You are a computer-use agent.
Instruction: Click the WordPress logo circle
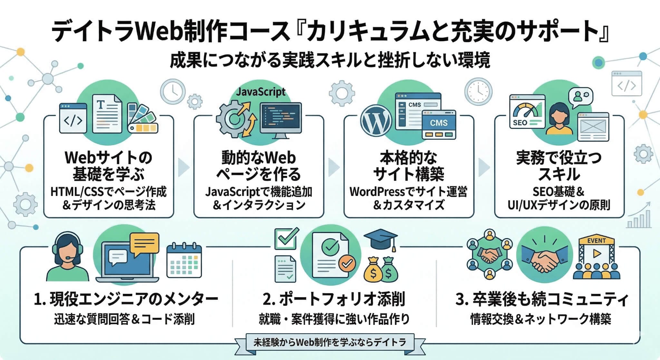pyautogui.click(x=376, y=121)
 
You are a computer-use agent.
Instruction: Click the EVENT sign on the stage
pyautogui.click(x=596, y=241)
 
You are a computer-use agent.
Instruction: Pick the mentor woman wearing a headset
pyautogui.click(x=67, y=258)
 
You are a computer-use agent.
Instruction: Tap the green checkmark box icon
pyautogui.click(x=286, y=238)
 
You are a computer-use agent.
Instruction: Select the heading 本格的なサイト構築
pyautogui.click(x=408, y=166)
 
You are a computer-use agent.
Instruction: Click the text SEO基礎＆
pyautogui.click(x=558, y=192)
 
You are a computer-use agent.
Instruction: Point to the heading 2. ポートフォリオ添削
pyautogui.click(x=334, y=299)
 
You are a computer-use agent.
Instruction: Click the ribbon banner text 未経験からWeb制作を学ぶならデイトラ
pyautogui.click(x=330, y=342)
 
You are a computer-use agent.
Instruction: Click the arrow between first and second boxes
pyautogui.click(x=184, y=167)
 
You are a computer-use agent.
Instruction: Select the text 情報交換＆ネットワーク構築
pyautogui.click(x=540, y=319)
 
